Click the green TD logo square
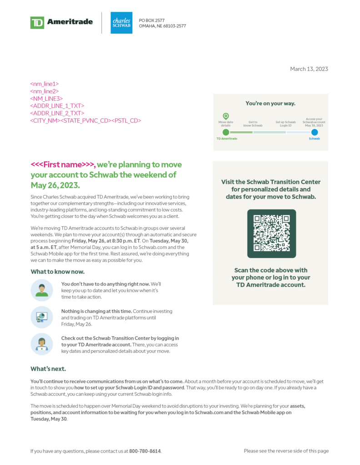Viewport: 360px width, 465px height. tap(37, 22)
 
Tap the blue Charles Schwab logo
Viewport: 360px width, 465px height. tap(121, 23)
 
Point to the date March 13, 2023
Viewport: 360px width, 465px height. tap(309, 69)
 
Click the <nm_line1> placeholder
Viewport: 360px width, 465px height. tap(45, 84)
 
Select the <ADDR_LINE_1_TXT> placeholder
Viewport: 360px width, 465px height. tap(57, 106)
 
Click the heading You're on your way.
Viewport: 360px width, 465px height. tap(270, 103)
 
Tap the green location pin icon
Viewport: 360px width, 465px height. tap(225, 116)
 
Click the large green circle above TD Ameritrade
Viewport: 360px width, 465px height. tap(226, 132)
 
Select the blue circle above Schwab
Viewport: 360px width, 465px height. tap(314, 132)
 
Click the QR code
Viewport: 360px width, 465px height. tap(271, 233)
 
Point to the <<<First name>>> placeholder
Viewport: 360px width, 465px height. tap(63, 164)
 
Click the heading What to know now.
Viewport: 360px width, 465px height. tap(57, 272)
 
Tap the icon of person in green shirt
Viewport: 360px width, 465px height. tap(42, 290)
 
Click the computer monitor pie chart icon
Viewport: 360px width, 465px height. tap(42, 317)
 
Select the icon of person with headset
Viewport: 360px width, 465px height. tap(42, 344)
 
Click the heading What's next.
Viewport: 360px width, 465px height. tap(48, 368)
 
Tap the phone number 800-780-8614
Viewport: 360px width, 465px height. tap(145, 451)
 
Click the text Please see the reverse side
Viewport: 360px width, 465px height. tap(286, 451)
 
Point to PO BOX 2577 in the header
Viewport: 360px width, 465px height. tap(152, 20)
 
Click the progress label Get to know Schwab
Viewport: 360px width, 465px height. tap(253, 124)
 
